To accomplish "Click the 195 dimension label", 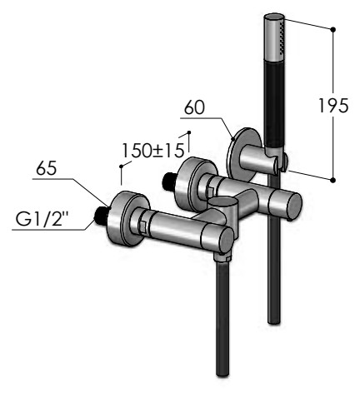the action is (333, 106).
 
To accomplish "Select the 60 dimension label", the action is (194, 107).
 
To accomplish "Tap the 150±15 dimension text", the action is (153, 151).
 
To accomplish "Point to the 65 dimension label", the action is (47, 168).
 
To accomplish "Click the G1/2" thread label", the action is (42, 219).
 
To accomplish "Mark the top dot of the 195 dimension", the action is (333, 29).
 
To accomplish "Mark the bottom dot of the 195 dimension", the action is (333, 180).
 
